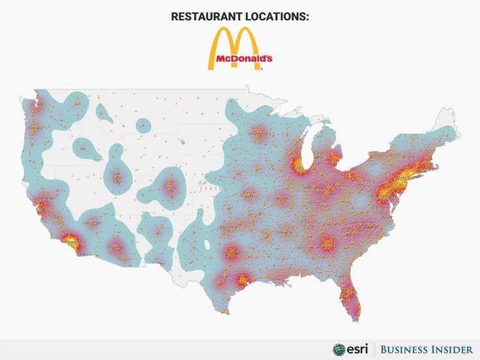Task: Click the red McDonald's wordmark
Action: point(240,59)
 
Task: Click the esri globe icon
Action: point(339,349)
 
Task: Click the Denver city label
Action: point(170,188)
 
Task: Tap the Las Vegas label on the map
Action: point(91,222)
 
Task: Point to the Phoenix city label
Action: point(116,248)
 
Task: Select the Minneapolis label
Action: point(259,134)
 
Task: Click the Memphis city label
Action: point(284,232)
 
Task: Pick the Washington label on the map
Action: point(382,196)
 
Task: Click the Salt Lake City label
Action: point(117,177)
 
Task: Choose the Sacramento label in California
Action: point(44,198)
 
